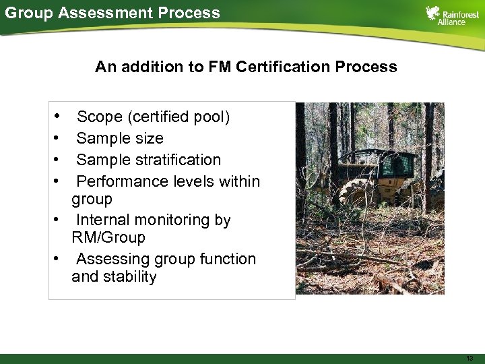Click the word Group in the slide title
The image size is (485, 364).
click(25, 12)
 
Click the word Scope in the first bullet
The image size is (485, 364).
click(100, 117)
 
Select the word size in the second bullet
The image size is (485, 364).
click(149, 138)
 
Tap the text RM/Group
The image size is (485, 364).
click(108, 237)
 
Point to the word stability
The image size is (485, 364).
click(130, 276)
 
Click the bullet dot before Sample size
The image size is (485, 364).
click(60, 138)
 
